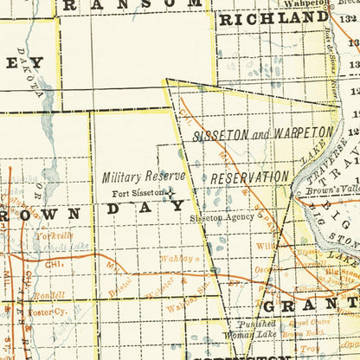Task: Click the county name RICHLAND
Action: (273, 18)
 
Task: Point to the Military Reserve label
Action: (144, 177)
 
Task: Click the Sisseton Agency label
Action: (222, 217)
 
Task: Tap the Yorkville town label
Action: (54, 235)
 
